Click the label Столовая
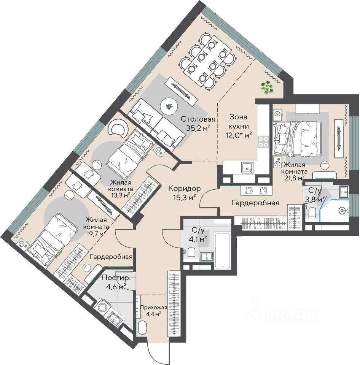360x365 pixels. [x=198, y=119]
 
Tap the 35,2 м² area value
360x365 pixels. [x=198, y=128]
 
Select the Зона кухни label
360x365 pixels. [x=239, y=122]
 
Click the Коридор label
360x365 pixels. [x=184, y=188]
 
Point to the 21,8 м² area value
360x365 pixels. [x=294, y=178]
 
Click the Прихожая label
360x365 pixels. [x=153, y=308]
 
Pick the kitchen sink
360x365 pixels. [x=247, y=168]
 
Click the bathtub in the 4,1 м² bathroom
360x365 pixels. [x=223, y=251]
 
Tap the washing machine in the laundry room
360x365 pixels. [x=102, y=308]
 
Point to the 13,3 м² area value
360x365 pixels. [x=121, y=195]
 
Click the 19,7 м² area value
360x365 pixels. [x=97, y=234]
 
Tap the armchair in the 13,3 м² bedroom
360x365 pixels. [x=118, y=128]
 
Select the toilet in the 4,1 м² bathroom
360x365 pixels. [x=191, y=253]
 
